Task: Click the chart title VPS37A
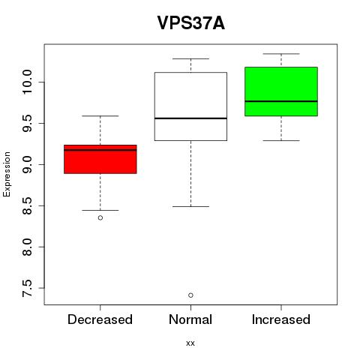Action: click(191, 23)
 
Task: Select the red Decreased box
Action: click(100, 159)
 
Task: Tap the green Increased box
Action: click(281, 91)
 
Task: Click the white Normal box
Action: click(190, 106)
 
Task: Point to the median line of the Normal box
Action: click(190, 118)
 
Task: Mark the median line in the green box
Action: click(281, 101)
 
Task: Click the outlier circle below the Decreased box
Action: click(100, 217)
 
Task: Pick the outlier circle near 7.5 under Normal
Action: click(190, 295)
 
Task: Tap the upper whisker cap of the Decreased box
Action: click(100, 116)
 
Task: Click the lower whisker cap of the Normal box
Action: click(190, 206)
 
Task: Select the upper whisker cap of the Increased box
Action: click(281, 54)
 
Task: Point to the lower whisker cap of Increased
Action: click(281, 140)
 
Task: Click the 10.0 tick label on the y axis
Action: click(27, 82)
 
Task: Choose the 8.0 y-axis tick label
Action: click(27, 247)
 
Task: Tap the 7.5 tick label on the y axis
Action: click(27, 288)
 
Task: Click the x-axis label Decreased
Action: click(100, 319)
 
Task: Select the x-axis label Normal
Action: click(190, 319)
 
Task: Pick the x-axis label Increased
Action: click(281, 319)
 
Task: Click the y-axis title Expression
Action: click(7, 174)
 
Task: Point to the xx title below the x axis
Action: click(190, 343)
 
